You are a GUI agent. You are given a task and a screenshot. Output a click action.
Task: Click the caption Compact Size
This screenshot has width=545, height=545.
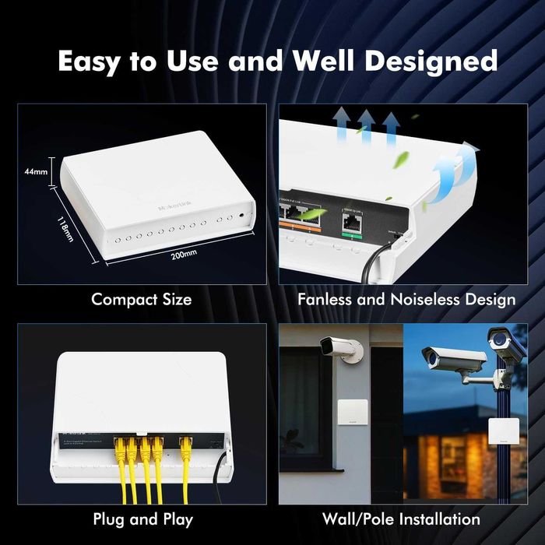(141, 299)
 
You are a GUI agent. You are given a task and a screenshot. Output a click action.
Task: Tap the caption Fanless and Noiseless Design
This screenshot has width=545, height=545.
(407, 299)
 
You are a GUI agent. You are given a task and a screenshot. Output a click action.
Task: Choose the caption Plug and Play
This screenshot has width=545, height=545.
(142, 519)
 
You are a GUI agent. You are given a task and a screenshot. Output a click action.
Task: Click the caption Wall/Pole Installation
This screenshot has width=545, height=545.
(401, 519)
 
